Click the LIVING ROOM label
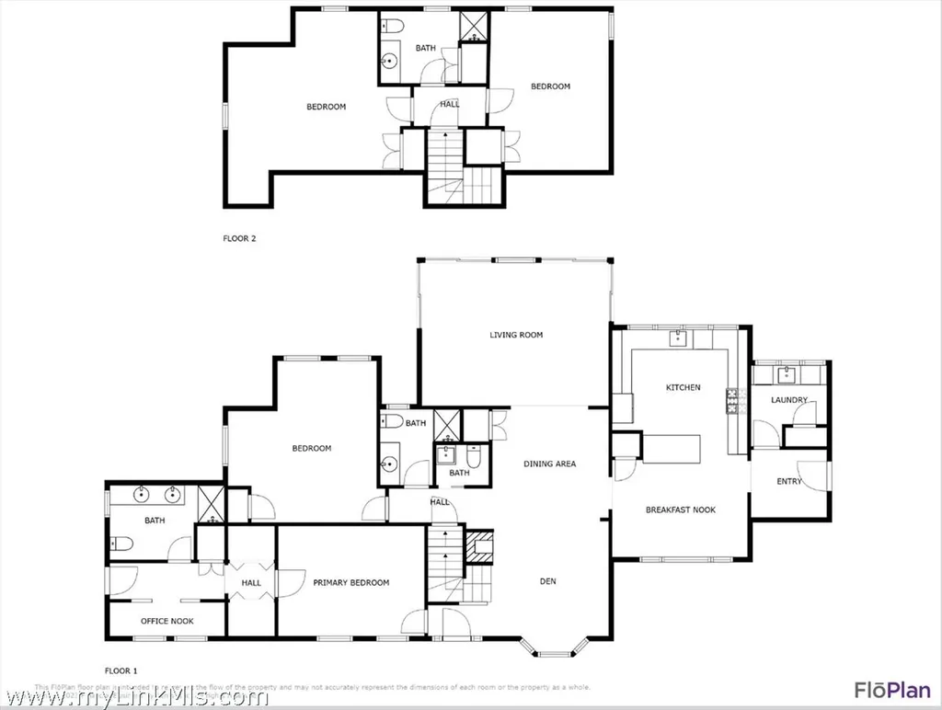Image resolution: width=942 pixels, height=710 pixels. pyautogui.click(x=516, y=335)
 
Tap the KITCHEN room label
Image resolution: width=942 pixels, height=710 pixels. pyautogui.click(x=683, y=387)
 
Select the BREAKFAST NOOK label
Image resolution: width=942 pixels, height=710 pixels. pyautogui.click(x=680, y=510)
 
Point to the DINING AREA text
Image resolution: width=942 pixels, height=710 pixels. pyautogui.click(x=549, y=464)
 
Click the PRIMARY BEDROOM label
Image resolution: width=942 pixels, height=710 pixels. pyautogui.click(x=350, y=582)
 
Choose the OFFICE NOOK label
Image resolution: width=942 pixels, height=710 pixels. pyautogui.click(x=167, y=621)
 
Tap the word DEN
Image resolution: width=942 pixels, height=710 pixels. pyautogui.click(x=548, y=580)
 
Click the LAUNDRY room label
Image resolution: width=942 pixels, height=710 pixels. pyautogui.click(x=789, y=400)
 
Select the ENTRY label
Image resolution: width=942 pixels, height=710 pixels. pyautogui.click(x=789, y=481)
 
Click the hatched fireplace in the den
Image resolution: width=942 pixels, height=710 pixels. pyautogui.click(x=479, y=546)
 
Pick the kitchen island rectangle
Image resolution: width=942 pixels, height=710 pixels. pyautogui.click(x=671, y=449)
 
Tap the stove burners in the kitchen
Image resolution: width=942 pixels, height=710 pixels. pyautogui.click(x=734, y=400)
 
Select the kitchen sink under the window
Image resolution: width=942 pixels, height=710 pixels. pyautogui.click(x=679, y=338)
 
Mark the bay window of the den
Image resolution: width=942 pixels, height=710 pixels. pyautogui.click(x=554, y=651)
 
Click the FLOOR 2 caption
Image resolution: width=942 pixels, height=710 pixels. pyautogui.click(x=239, y=238)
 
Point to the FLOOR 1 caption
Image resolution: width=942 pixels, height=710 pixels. pyautogui.click(x=121, y=670)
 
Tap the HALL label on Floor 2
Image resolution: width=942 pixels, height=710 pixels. pyautogui.click(x=449, y=104)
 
